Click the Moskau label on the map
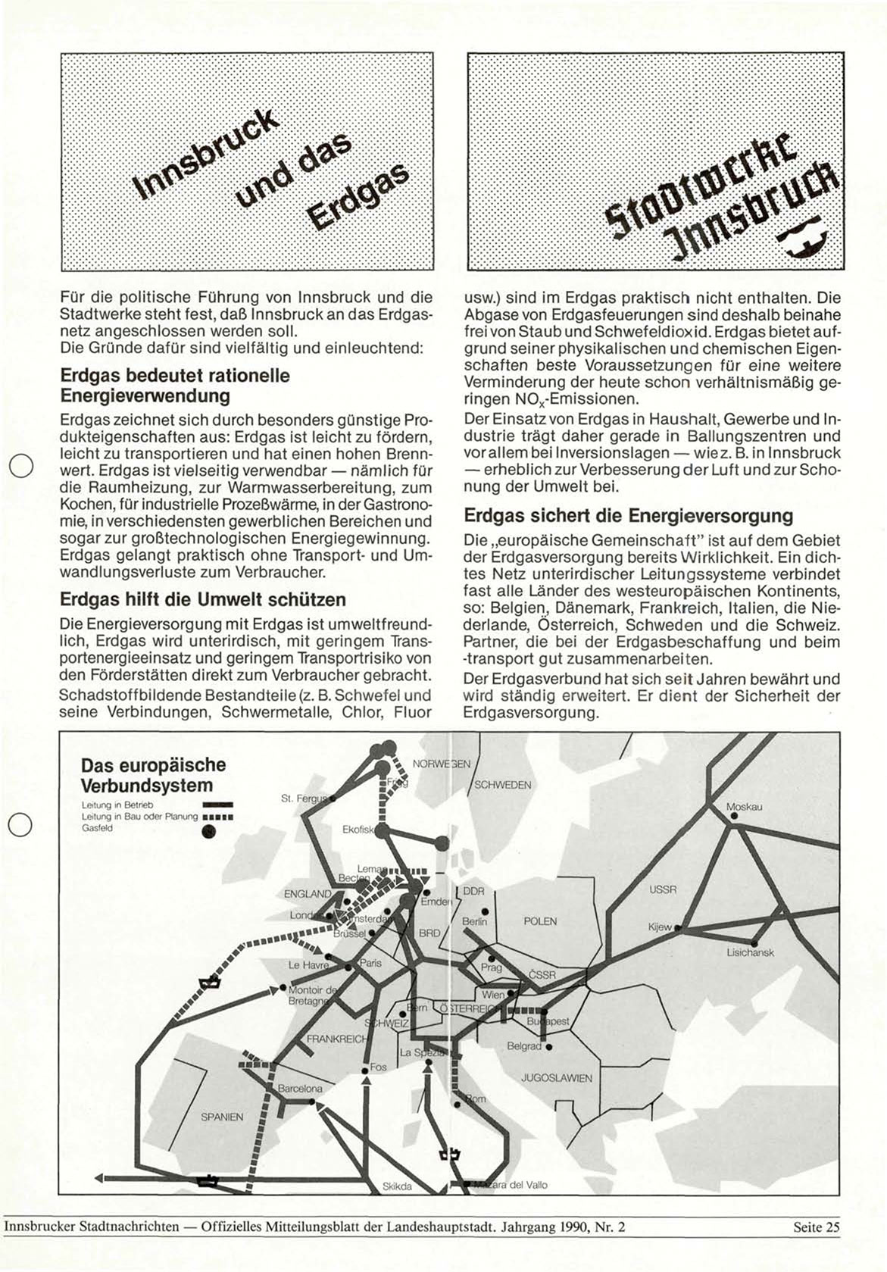click(x=744, y=807)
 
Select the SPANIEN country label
click(x=222, y=1117)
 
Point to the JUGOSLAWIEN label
click(x=557, y=1078)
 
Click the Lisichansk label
click(x=750, y=952)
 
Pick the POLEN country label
click(x=540, y=921)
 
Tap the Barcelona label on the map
click(x=300, y=1089)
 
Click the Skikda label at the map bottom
click(x=397, y=1186)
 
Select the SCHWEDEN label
click(x=503, y=785)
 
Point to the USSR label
click(x=663, y=889)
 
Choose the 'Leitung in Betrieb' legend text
click(x=117, y=804)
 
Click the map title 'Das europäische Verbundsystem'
click(x=152, y=775)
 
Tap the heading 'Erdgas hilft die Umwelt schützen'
click(x=202, y=599)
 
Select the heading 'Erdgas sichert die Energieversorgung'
click(x=628, y=516)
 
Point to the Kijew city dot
click(x=679, y=927)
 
